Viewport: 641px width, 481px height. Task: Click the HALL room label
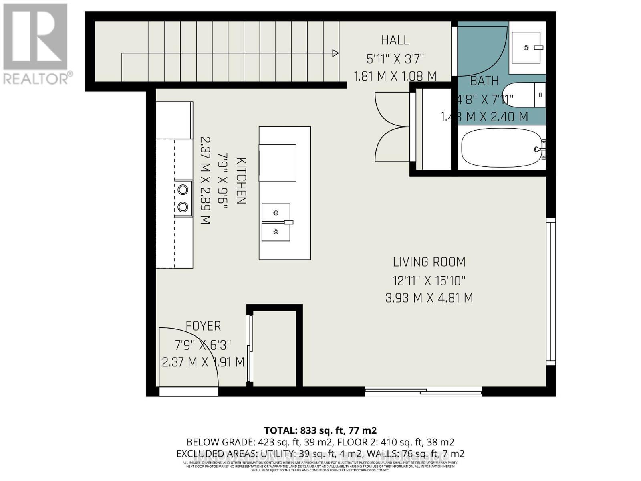[395, 40]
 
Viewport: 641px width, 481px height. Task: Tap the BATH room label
[484, 81]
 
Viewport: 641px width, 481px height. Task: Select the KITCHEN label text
[241, 181]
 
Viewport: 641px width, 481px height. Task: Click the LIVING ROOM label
[429, 262]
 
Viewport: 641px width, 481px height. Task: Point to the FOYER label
[203, 326]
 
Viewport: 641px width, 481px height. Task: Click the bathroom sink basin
[526, 48]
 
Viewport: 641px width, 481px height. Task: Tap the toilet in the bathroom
[525, 95]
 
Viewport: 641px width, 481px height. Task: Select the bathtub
[501, 148]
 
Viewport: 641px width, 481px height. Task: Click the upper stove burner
[183, 189]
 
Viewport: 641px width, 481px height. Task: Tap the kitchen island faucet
[288, 222]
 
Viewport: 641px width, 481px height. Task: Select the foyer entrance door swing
[188, 357]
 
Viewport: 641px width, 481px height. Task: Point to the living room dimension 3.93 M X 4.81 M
[429, 298]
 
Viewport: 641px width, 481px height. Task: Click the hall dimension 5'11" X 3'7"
[395, 59]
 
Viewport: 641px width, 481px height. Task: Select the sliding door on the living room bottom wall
[423, 391]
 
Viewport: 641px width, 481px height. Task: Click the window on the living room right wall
[551, 291]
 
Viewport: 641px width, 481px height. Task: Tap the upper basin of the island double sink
[276, 212]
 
